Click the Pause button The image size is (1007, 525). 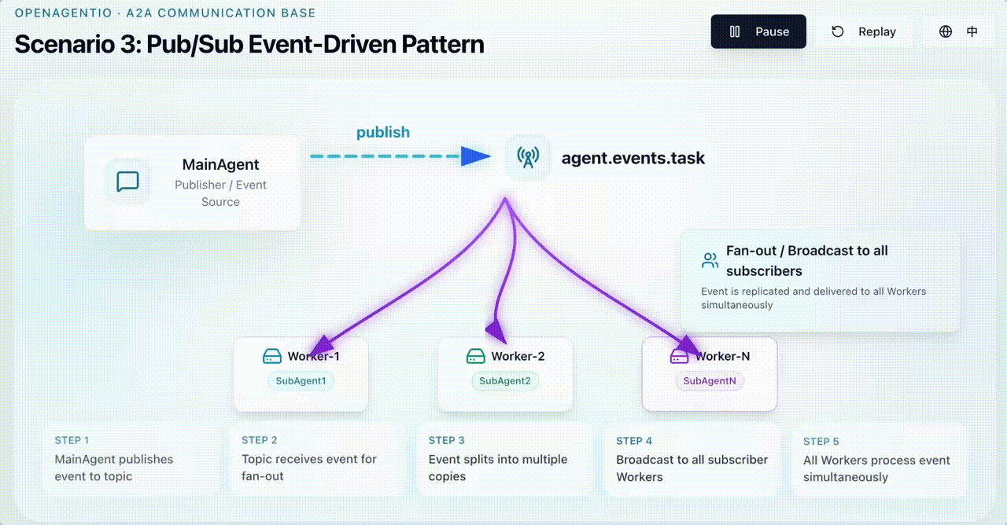tap(758, 31)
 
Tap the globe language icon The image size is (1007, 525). tap(946, 31)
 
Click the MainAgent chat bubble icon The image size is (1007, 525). tap(127, 182)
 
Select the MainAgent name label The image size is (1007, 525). tap(220, 164)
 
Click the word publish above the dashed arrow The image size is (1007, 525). tap(383, 132)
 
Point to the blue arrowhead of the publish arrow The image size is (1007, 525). tap(476, 156)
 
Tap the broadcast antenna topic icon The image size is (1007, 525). tap(528, 157)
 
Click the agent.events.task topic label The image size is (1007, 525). tap(633, 158)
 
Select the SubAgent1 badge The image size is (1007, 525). tap(301, 381)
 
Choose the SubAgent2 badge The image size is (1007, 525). tap(505, 381)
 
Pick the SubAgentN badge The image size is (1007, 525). tap(710, 381)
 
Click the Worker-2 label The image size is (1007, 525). tap(518, 356)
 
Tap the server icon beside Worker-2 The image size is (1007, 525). tap(476, 356)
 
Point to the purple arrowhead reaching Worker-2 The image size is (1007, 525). tap(496, 332)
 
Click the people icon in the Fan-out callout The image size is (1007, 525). tap(710, 260)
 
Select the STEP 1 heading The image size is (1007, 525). tap(72, 440)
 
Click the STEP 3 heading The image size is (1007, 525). tap(446, 440)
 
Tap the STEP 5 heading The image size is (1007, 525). tap(821, 442)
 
